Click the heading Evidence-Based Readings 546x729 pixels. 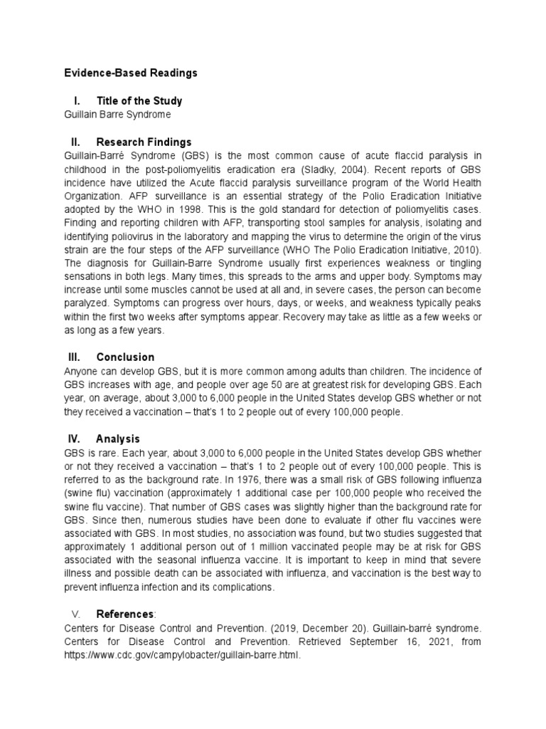130,73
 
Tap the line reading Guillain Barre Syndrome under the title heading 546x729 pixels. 117,114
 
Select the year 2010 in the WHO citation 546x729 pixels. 465,249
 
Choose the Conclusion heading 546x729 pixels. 125,357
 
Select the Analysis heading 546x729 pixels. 118,439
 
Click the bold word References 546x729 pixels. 124,614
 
